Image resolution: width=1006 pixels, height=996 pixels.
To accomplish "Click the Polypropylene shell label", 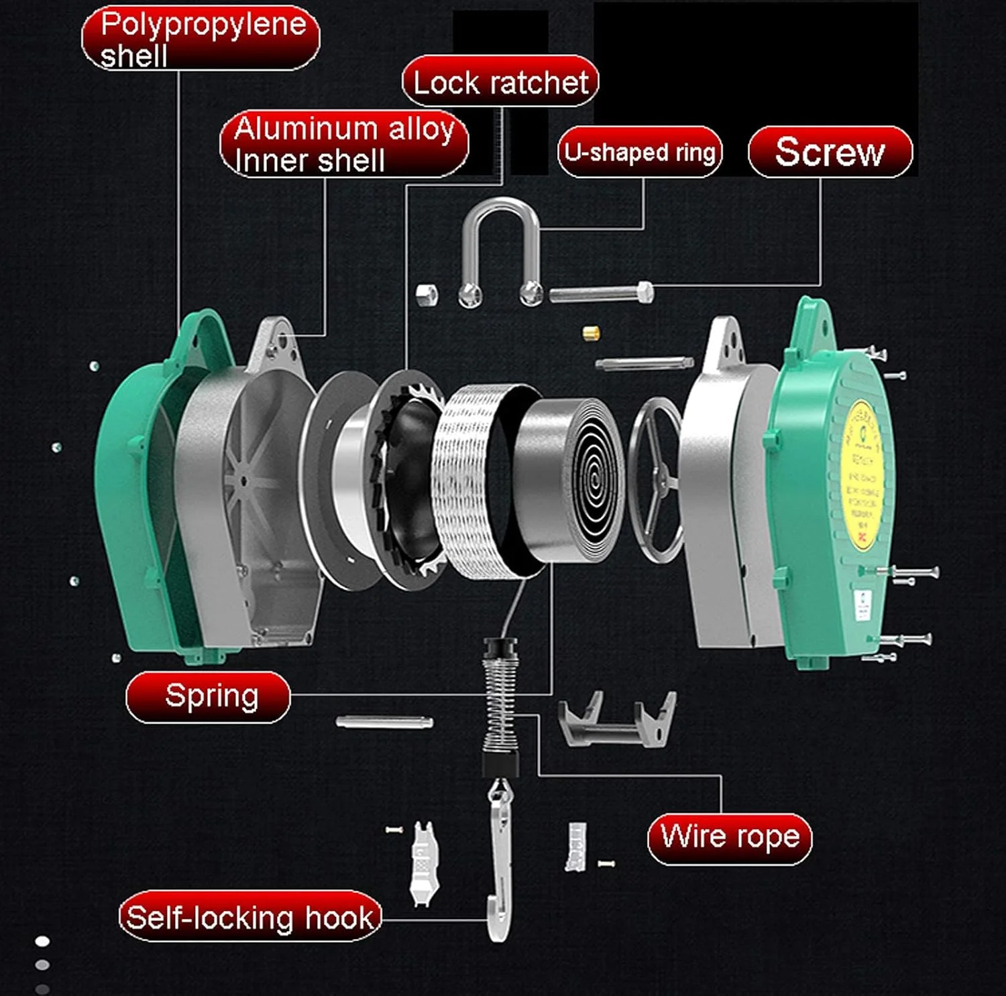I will [201, 39].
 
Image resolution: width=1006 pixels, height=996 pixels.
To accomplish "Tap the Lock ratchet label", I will [500, 82].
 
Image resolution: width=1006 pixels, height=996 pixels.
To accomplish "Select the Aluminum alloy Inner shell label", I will [344, 144].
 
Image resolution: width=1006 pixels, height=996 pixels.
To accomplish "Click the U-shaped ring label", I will [640, 152].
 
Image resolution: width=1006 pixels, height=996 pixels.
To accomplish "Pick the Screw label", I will [830, 152].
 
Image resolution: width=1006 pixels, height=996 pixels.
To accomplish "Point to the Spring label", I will [209, 696].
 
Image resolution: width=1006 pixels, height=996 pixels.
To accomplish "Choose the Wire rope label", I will [730, 838].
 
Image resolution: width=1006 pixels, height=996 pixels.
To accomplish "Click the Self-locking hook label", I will [250, 916].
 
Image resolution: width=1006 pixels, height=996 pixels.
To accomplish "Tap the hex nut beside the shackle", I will [427, 294].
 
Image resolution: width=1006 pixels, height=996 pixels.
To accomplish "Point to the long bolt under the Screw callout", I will [600, 294].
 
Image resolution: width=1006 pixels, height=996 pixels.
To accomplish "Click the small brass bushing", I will [590, 332].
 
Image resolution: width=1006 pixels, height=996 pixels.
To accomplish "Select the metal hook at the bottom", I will [500, 865].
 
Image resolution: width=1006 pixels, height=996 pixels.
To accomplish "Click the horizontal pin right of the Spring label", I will [384, 722].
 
